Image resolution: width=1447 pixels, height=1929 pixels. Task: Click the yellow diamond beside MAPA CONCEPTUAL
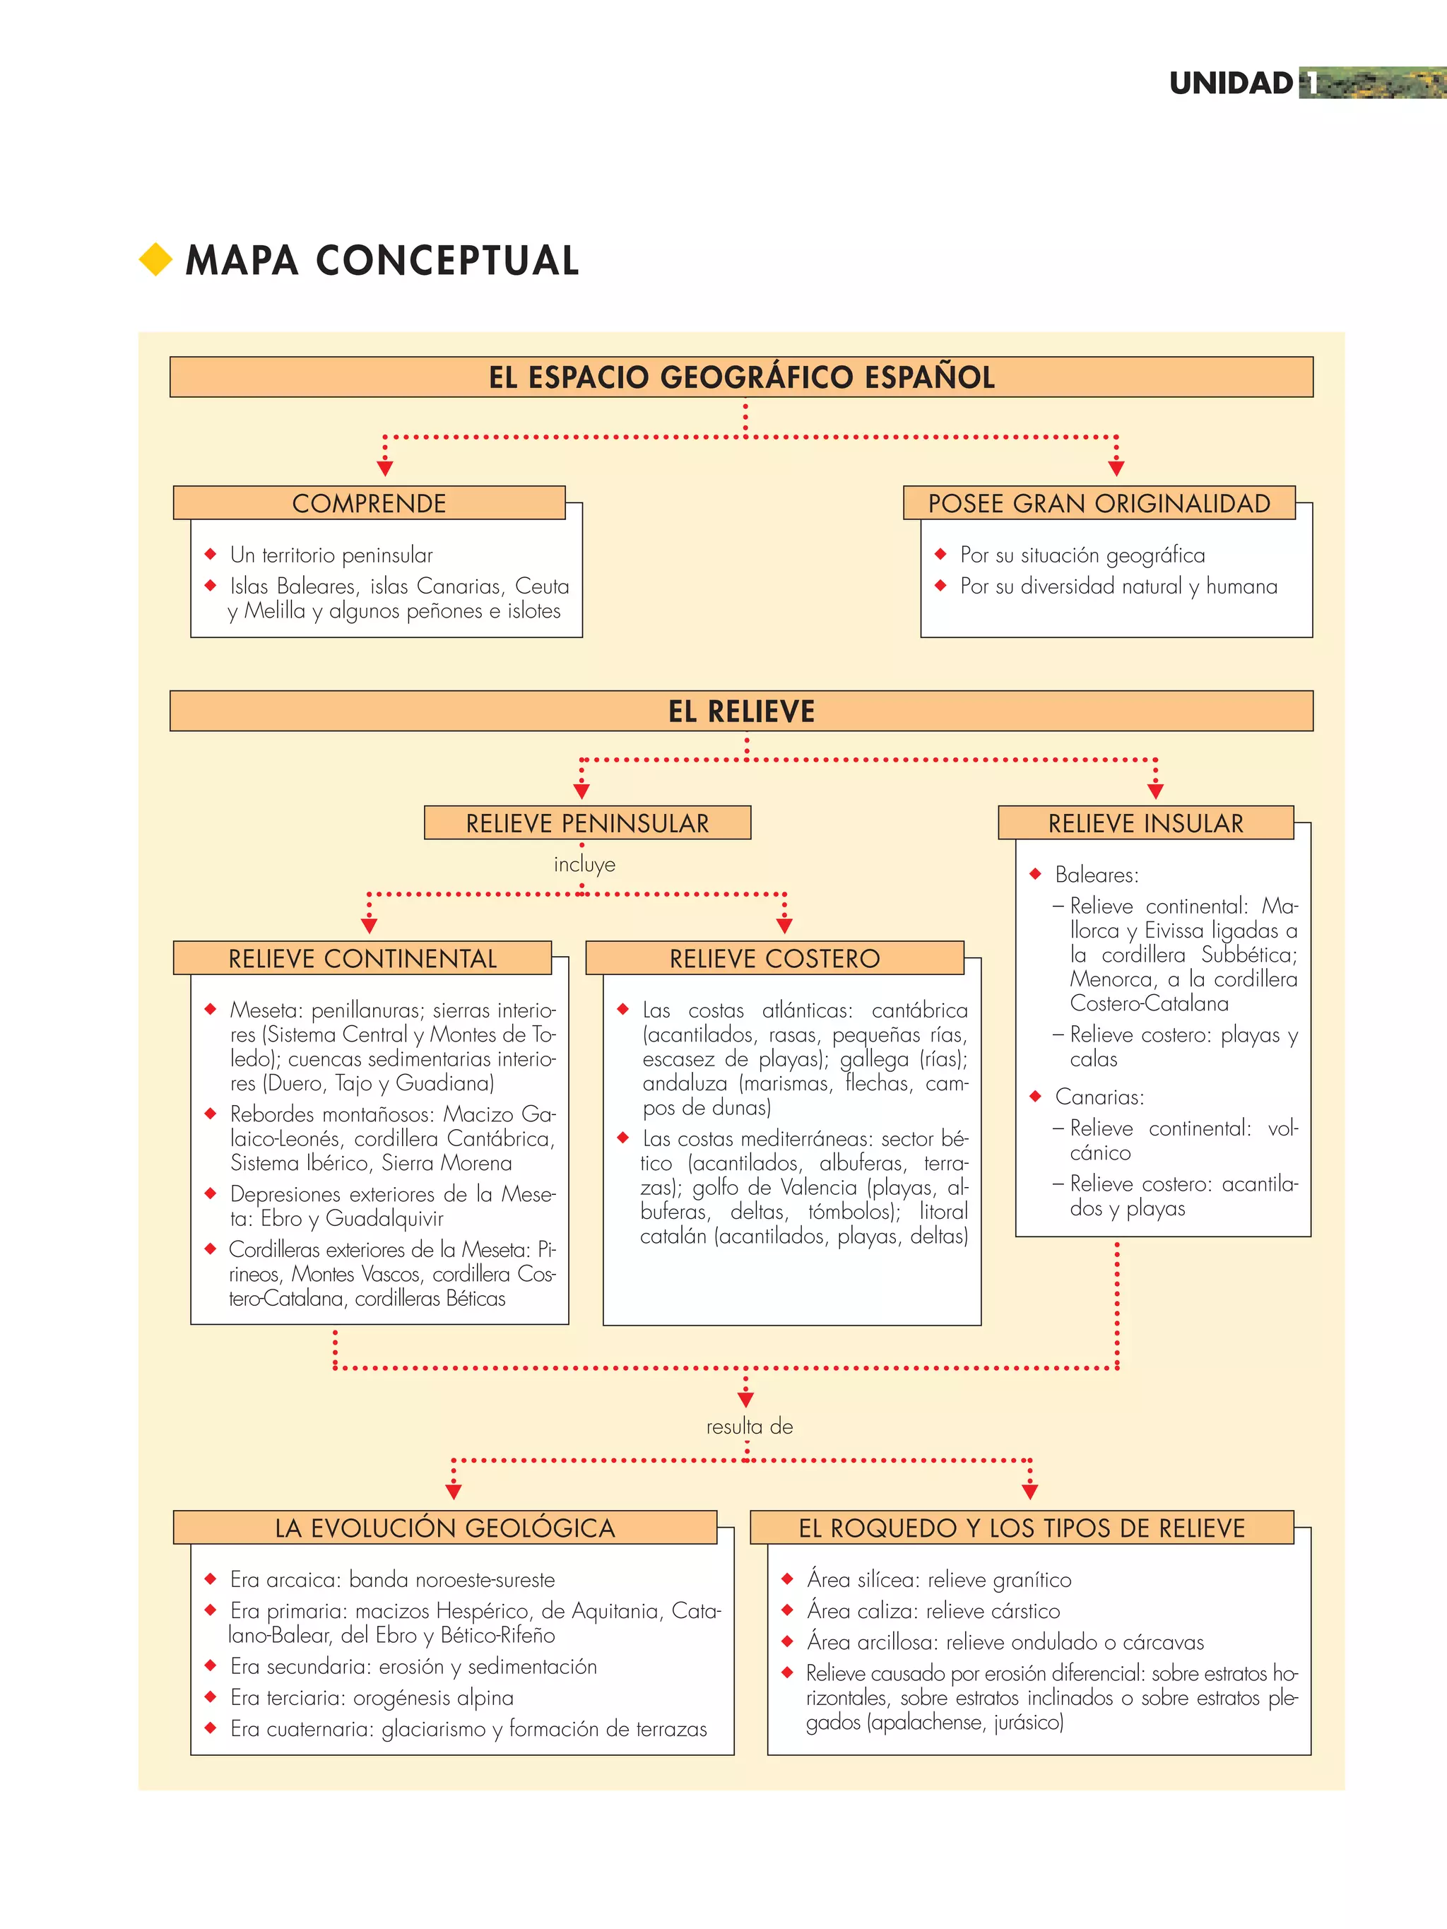[x=156, y=260]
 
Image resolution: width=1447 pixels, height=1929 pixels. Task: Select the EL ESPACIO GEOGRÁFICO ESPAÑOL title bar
[x=741, y=377]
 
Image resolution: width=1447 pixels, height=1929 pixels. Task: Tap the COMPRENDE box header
[x=369, y=503]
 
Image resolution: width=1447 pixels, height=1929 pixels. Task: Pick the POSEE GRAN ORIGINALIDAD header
[x=1099, y=503]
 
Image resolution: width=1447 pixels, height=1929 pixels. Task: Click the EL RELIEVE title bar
[x=741, y=712]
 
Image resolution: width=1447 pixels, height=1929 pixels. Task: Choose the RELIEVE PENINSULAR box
[x=587, y=823]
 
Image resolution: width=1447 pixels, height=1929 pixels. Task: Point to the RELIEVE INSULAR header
[x=1145, y=823]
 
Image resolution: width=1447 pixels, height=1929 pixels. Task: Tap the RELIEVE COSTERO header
[x=774, y=958]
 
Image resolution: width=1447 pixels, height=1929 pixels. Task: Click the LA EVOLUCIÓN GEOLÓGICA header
[x=445, y=1528]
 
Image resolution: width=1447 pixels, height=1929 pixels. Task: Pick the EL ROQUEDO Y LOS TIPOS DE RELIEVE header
[x=1022, y=1528]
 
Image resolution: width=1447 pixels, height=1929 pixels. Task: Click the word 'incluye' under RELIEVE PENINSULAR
[x=584, y=865]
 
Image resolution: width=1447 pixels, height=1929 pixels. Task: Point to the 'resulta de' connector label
[x=749, y=1427]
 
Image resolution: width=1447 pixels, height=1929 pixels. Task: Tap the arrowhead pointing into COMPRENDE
[x=384, y=468]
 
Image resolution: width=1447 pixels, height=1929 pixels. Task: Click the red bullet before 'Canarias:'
[x=1035, y=1096]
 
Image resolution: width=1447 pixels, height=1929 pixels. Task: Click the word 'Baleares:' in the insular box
[x=1097, y=875]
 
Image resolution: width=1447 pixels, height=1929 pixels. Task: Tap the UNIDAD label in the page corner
[x=1231, y=83]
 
